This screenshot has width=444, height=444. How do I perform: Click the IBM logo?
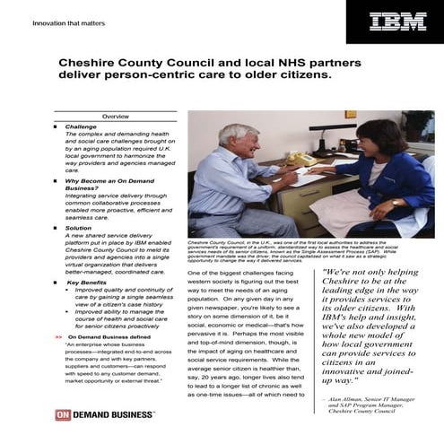pos(399,21)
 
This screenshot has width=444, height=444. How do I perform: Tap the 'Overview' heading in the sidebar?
pos(115,118)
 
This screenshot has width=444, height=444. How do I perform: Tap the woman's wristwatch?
pos(394,203)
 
